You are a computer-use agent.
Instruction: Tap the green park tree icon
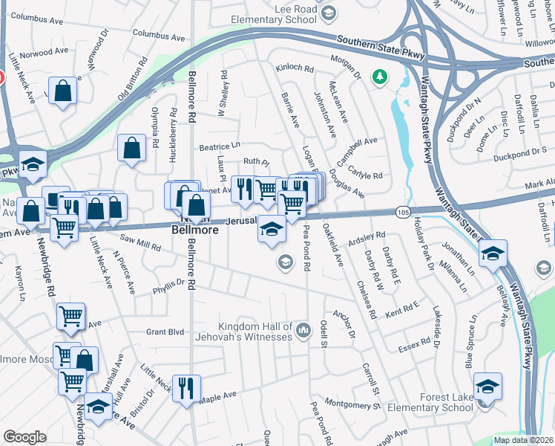tap(380, 76)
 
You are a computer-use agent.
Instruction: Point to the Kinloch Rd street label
tap(295, 68)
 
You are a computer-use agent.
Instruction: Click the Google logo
tap(24, 437)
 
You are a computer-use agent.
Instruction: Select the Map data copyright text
tap(523, 440)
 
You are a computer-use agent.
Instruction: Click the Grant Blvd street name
tap(165, 332)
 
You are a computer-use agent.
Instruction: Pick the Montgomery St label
tap(352, 404)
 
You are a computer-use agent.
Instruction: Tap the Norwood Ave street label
tap(47, 54)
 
